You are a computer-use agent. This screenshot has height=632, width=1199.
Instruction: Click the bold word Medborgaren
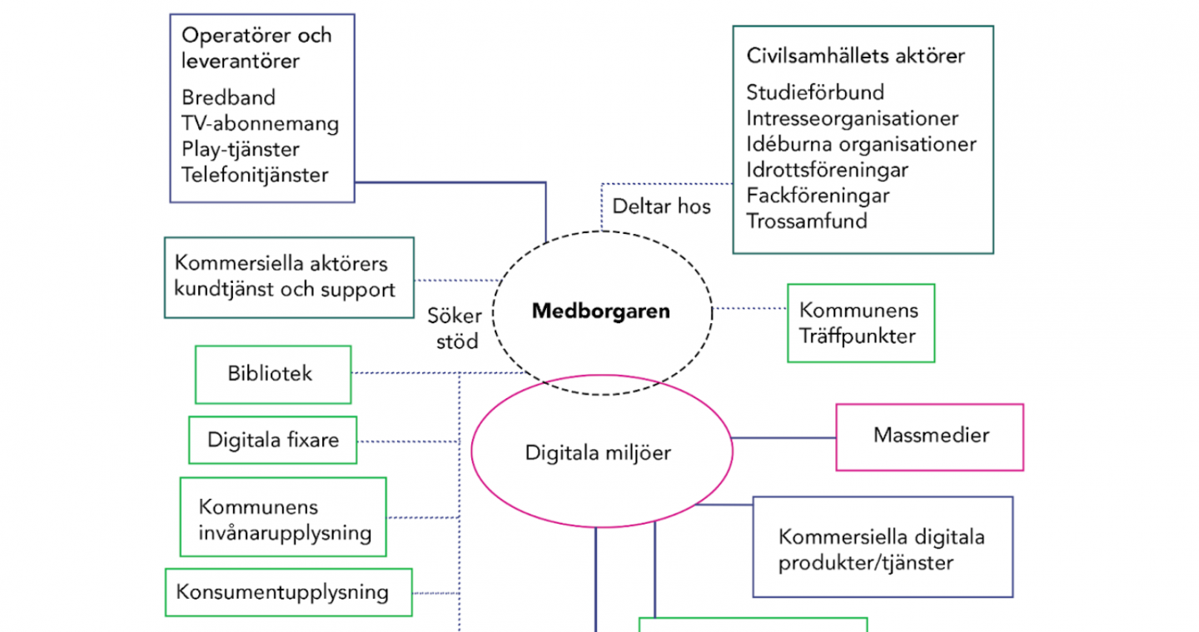coord(600,311)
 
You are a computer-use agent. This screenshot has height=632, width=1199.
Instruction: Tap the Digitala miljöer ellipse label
coord(598,453)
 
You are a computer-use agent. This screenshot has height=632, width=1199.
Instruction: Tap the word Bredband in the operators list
coord(228,98)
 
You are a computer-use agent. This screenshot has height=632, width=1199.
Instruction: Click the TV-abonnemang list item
coord(260,123)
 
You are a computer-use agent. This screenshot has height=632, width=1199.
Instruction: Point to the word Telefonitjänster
coord(255,175)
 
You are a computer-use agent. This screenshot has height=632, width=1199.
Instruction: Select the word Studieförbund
coord(815,92)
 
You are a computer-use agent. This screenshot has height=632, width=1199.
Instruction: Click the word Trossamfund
coord(807,221)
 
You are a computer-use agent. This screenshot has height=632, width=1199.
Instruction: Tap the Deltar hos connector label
coord(661,207)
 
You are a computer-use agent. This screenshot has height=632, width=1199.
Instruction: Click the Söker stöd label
coord(455,329)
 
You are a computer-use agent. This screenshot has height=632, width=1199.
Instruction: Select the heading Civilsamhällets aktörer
coord(855,56)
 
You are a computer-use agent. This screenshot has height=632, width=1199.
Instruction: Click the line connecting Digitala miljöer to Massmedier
coord(784,438)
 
